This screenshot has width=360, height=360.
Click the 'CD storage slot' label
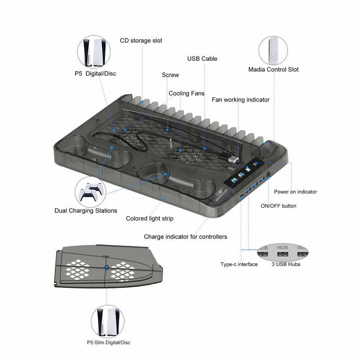141,40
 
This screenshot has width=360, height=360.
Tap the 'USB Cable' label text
202,58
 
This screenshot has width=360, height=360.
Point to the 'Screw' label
170,75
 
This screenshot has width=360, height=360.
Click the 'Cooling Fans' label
186,93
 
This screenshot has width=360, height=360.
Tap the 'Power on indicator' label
295,192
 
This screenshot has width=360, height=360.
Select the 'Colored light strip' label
149,218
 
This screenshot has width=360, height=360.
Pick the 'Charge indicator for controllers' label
185,236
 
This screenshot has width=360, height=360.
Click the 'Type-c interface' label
239,264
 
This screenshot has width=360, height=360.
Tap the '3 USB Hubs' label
286,264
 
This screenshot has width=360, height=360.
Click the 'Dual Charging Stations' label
85,210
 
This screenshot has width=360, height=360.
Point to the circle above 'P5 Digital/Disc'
94,53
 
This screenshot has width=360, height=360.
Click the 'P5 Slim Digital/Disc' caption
108,342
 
